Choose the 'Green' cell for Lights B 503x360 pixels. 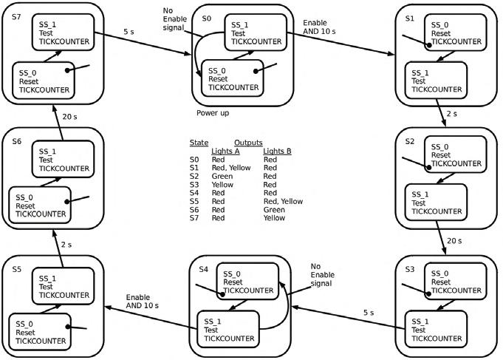274,209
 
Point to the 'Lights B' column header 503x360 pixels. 278,151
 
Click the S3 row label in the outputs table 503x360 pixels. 194,184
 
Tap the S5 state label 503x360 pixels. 16,271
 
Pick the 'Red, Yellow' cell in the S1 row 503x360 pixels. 231,168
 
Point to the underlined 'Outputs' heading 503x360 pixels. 249,142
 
